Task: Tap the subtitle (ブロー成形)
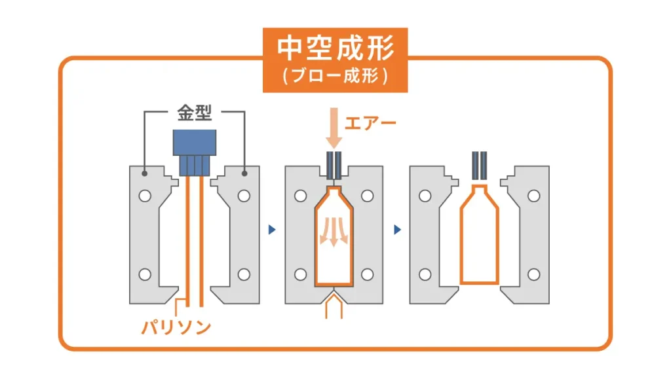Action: pyautogui.click(x=335, y=76)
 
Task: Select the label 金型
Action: pyautogui.click(x=195, y=113)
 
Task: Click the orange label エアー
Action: pyautogui.click(x=371, y=122)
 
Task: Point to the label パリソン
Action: pyautogui.click(x=177, y=327)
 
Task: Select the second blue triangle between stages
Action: pyautogui.click(x=397, y=230)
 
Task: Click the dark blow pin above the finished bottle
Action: pyautogui.click(x=479, y=166)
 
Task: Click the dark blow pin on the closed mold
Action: pyautogui.click(x=334, y=166)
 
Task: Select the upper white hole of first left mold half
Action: pyautogui.click(x=145, y=196)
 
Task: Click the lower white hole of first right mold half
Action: pyautogui.click(x=244, y=274)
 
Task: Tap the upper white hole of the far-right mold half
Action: pyautogui.click(x=535, y=196)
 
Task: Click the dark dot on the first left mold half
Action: pyautogui.click(x=144, y=173)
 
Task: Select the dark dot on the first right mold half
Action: pyautogui.click(x=244, y=173)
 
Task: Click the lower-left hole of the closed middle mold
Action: pyautogui.click(x=301, y=274)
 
